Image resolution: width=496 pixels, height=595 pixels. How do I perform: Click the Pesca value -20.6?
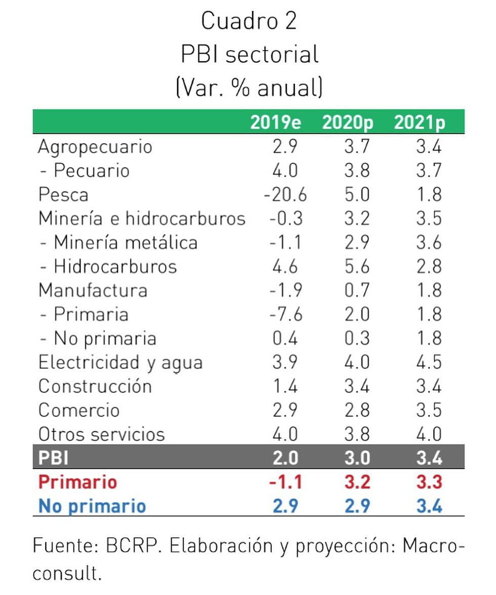285,195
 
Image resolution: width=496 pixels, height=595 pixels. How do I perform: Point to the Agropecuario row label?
95,147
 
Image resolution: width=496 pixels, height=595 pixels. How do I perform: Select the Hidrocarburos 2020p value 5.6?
357,267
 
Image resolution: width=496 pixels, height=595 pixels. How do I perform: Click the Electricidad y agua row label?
120,362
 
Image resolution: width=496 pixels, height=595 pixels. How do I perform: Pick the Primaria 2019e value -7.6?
285,314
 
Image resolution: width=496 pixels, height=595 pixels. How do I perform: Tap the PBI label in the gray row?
54,458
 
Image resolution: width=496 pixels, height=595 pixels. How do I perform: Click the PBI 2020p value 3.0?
357,458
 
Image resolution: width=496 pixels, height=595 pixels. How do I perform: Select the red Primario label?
77,482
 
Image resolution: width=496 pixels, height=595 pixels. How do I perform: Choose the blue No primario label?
92,506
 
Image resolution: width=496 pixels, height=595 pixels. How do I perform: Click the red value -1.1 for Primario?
285,482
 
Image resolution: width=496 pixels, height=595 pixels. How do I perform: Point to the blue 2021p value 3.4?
429,506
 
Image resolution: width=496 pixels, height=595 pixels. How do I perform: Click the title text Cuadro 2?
249,21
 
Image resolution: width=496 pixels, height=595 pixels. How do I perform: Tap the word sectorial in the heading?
272,54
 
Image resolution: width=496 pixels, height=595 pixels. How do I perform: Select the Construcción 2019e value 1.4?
285,386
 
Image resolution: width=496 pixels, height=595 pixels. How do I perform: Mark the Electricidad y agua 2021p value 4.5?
429,362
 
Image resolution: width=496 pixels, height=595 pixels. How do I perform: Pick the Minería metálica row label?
118,242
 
